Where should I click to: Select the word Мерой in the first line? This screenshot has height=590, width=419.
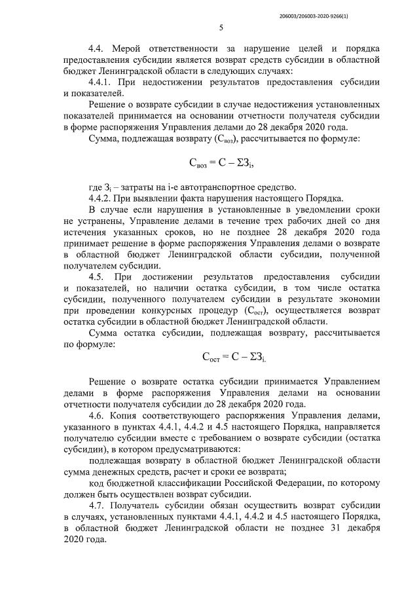coord(130,49)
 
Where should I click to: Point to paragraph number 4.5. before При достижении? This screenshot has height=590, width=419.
coord(98,278)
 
